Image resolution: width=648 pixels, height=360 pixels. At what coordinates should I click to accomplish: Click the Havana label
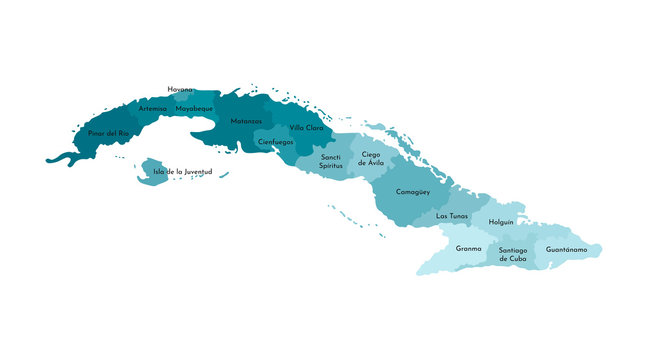181,89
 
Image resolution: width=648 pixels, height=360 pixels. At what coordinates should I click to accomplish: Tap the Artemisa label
153,108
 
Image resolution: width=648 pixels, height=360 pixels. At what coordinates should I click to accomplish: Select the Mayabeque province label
194,108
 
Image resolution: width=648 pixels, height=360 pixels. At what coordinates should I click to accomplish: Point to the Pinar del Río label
108,133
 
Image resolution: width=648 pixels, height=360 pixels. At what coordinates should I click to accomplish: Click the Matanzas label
246,121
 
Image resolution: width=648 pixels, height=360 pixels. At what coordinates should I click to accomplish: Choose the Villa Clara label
306,128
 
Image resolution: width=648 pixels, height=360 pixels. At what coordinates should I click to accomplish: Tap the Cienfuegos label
275,142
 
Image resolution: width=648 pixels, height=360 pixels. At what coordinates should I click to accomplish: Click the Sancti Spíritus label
331,160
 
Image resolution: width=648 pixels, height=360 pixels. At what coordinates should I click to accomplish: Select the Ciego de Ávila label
370,158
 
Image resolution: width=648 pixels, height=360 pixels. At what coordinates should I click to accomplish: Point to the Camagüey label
413,190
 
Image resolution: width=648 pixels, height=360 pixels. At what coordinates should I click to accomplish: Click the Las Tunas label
452,216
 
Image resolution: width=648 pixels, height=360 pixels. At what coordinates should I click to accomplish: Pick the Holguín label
501,221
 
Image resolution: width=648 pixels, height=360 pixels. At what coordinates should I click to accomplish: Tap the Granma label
468,248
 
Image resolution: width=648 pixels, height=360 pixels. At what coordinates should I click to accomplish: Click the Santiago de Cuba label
512,254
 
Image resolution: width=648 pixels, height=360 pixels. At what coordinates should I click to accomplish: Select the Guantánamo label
566,249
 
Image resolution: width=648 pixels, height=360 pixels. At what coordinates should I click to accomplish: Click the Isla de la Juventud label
183,172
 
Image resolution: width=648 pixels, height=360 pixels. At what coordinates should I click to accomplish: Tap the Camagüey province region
405,205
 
